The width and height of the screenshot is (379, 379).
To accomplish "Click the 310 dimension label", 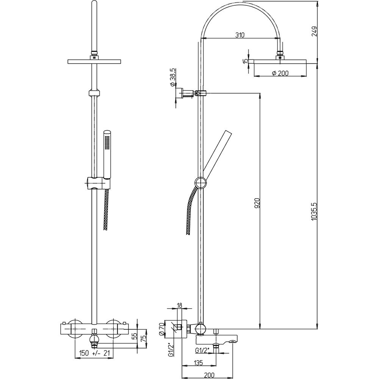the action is tap(240, 35).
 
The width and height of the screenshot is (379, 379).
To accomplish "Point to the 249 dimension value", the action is tap(314, 31).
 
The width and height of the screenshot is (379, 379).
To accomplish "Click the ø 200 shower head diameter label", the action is tap(280, 73).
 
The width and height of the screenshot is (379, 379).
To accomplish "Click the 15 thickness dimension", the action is tap(246, 61).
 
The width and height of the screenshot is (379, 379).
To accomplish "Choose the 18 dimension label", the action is tap(180, 305).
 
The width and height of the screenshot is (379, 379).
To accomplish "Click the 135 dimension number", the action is tap(198, 362).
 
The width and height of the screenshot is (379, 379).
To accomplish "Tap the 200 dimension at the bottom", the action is tap(209, 375).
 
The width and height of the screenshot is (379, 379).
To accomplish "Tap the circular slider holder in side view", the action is tap(201, 183).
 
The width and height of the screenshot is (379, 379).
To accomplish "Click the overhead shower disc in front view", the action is tap(94, 61).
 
